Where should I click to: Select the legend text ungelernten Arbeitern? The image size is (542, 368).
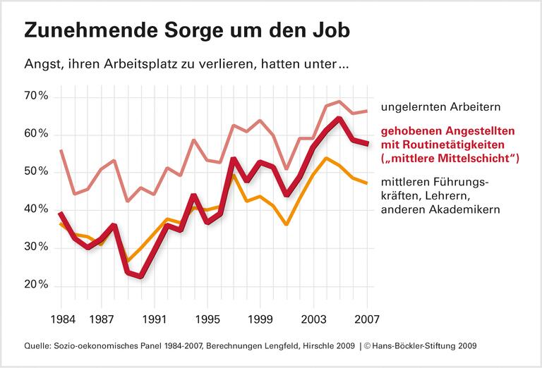[440, 108]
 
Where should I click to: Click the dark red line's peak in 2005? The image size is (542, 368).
[340, 118]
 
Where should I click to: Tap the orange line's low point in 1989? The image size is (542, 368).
[127, 261]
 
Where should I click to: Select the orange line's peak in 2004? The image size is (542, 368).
[326, 158]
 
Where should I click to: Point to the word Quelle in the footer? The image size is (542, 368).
[37, 347]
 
